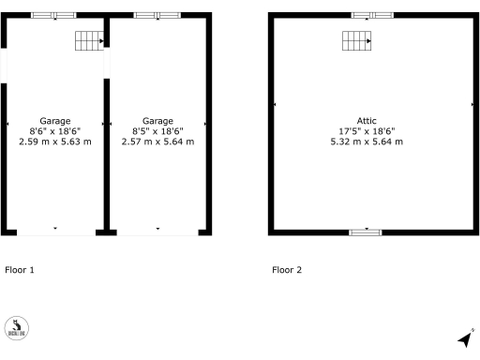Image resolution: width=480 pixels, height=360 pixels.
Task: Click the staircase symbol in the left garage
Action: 88,40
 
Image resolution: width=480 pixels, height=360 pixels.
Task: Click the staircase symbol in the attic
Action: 356,41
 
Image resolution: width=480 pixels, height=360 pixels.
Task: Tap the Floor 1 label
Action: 20,270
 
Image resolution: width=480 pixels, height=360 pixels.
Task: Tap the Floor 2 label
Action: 287,270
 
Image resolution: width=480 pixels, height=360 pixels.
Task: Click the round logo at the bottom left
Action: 16,327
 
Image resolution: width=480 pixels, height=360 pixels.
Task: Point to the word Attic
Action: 366,121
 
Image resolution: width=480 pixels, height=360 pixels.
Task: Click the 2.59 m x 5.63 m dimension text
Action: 55,142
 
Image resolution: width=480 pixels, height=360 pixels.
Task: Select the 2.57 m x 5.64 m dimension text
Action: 157,142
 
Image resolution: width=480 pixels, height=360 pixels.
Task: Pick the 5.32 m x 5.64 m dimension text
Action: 366,142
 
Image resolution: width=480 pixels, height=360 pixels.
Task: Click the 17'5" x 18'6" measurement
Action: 366,131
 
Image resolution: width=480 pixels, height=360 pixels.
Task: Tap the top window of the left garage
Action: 54,16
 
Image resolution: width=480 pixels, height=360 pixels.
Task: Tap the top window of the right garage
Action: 157,16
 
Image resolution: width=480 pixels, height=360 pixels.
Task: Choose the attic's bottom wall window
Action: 366,232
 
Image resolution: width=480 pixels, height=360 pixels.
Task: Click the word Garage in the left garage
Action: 55,121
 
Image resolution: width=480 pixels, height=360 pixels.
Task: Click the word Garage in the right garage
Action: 157,121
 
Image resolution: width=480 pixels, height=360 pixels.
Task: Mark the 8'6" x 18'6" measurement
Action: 55,131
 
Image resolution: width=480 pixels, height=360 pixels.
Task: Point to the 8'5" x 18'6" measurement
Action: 157,131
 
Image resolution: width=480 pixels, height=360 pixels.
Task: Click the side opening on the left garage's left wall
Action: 4,66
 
